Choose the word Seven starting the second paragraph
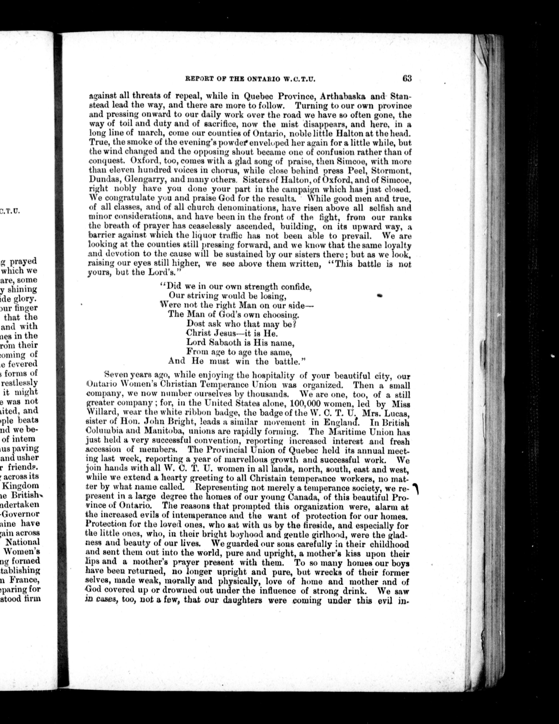(x=115, y=376)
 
